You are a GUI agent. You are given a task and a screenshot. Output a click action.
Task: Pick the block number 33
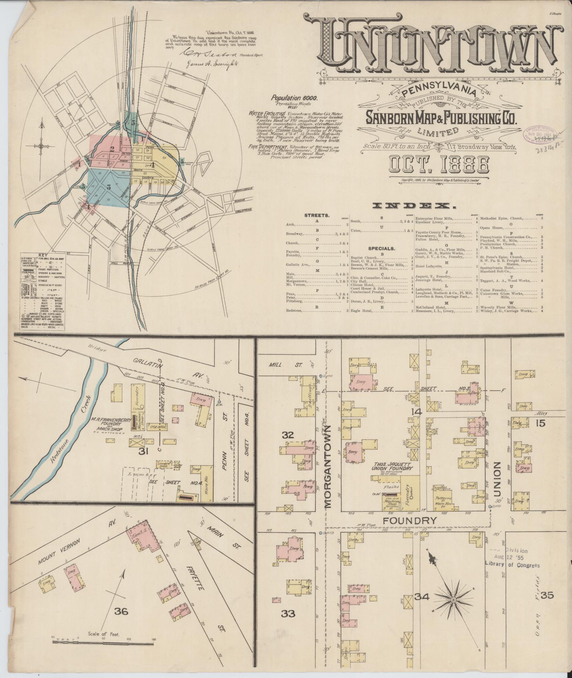pos(288,613)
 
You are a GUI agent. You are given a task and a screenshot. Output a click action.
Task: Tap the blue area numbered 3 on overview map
pos(109,187)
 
